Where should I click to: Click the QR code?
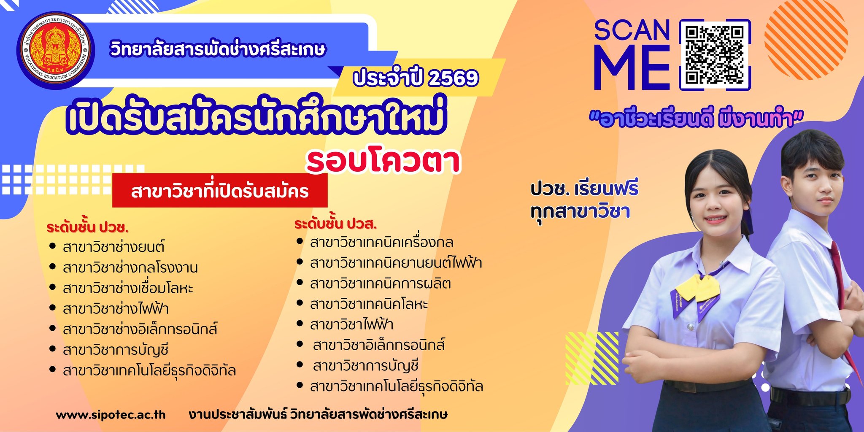click(715, 54)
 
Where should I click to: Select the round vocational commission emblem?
click(55, 50)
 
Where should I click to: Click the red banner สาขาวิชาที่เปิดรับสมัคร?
click(220, 190)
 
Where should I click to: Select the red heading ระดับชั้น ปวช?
click(87, 227)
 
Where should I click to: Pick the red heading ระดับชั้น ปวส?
click(335, 223)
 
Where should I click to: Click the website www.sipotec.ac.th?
click(111, 415)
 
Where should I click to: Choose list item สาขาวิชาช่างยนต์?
click(113, 246)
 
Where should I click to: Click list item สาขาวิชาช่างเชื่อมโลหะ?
click(128, 288)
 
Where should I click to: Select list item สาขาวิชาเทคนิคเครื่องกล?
click(382, 242)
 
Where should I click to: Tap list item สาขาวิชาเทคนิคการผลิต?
click(381, 283)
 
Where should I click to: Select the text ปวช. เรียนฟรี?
click(584, 189)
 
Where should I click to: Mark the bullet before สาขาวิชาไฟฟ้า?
click(300, 323)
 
